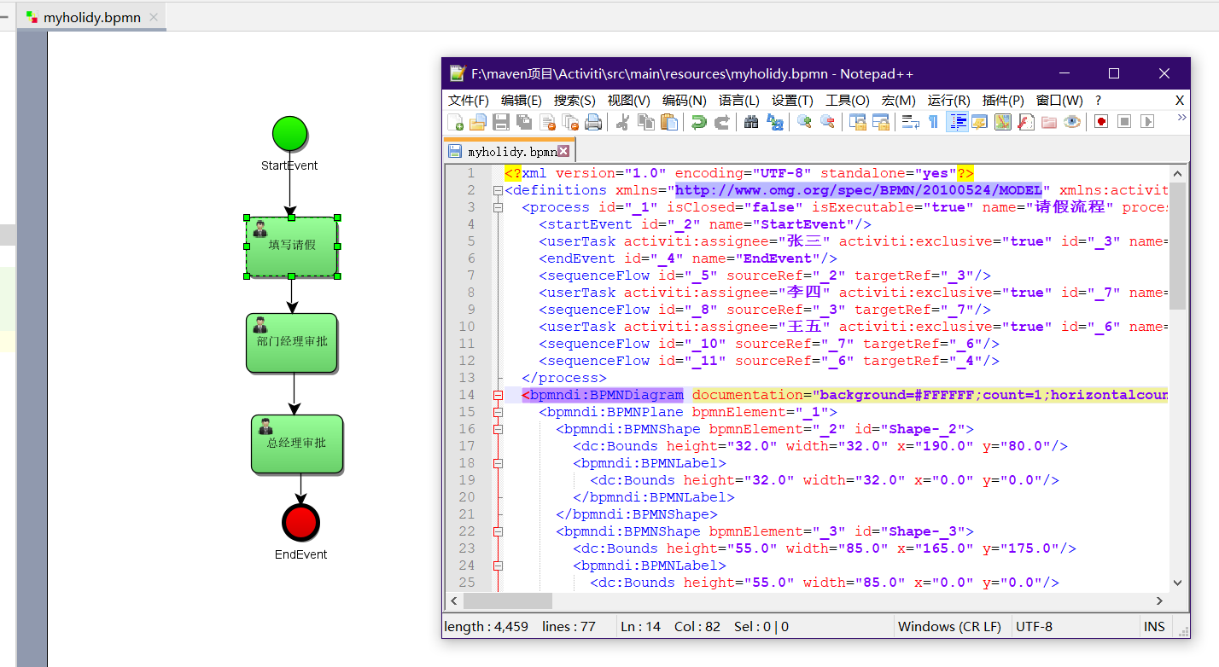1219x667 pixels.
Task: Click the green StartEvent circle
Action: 289,134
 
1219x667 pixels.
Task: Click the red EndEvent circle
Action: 300,522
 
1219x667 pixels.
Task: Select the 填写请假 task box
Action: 292,246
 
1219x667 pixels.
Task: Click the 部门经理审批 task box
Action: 292,342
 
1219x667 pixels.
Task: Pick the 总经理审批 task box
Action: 296,444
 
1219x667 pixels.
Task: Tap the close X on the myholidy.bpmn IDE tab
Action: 153,17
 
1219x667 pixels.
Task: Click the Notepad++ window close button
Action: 1164,74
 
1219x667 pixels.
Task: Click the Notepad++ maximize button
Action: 1114,74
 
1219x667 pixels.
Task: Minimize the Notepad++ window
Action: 1064,74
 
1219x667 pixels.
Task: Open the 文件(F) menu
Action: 469,101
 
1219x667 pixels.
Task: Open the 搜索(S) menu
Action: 575,101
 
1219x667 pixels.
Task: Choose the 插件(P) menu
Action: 1003,101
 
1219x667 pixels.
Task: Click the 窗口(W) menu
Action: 1059,101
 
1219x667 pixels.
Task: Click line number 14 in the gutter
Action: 466,395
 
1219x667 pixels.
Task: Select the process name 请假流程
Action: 1068,207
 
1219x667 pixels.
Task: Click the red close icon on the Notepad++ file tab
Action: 563,151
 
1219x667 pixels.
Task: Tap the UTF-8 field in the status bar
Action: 1034,626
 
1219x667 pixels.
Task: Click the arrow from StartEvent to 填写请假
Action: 289,188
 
